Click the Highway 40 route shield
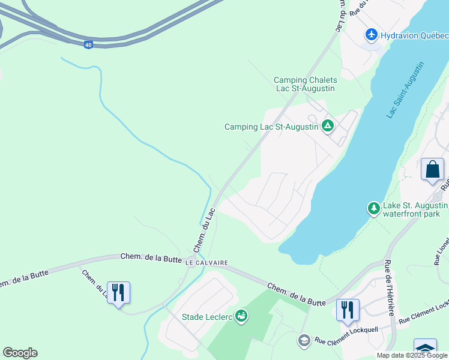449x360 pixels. (88, 45)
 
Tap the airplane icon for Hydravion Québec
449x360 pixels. (372, 35)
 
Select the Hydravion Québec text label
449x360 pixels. (415, 35)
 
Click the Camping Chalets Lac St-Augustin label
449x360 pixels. (305, 84)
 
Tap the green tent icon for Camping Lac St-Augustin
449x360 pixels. (328, 126)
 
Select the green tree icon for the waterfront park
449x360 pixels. (373, 208)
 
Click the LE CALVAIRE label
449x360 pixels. (208, 263)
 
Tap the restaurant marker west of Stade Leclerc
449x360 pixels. (118, 293)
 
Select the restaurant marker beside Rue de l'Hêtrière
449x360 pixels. (348, 310)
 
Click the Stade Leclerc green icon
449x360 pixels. (241, 316)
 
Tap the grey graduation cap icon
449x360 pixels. (304, 341)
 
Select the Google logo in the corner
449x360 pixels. (20, 353)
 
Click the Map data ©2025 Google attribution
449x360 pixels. (412, 355)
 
